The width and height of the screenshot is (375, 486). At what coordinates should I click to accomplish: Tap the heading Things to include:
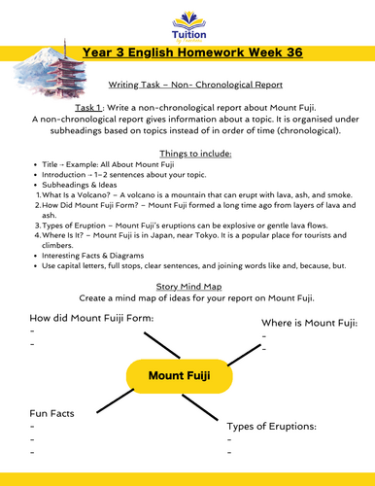click(187, 154)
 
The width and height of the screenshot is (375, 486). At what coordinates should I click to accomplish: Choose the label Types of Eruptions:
click(285, 427)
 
